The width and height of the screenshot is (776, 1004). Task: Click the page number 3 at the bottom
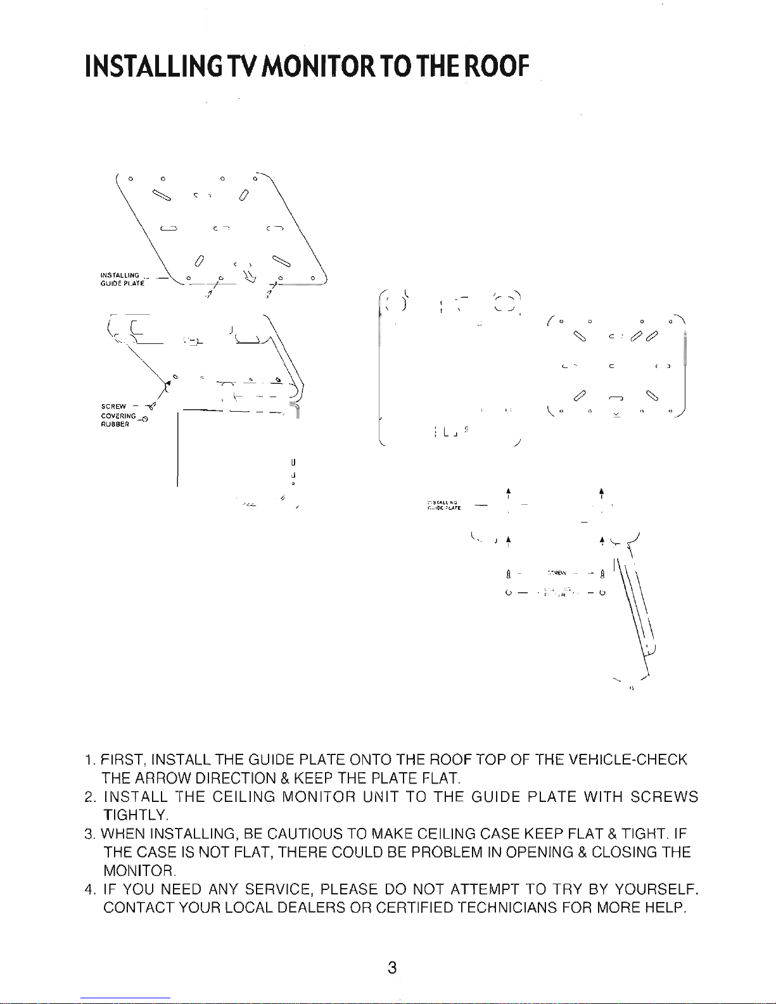coord(393,969)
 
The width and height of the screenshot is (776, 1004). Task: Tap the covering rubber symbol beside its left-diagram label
coord(145,419)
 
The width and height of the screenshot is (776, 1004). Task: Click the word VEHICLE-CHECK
coord(628,759)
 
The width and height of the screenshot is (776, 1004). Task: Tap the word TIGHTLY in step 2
coord(135,814)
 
